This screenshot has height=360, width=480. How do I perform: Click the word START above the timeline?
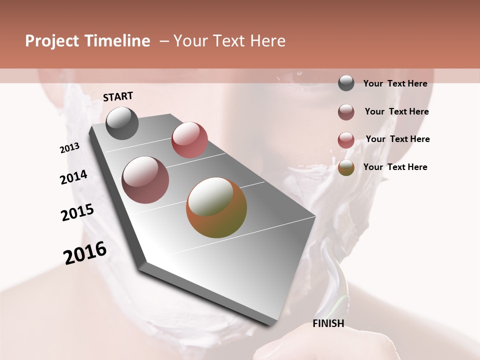tap(118, 96)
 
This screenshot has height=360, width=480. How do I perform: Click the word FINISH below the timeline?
tap(328, 323)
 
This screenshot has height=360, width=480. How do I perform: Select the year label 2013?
tap(69, 148)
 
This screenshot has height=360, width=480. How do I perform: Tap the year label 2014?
tap(73, 177)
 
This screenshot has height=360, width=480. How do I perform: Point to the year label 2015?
tap(77, 212)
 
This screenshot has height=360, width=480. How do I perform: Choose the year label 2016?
tap(85, 252)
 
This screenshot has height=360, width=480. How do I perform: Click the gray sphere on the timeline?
tap(122, 123)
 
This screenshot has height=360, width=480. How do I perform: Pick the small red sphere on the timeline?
tap(189, 140)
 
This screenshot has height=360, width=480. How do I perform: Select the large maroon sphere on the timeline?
tap(145, 180)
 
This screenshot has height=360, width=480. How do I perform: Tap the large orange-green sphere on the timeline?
tap(216, 207)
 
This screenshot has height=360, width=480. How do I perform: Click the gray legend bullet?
tap(346, 83)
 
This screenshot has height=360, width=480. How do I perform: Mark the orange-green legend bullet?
tap(346, 167)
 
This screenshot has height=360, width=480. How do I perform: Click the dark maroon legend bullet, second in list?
tap(346, 112)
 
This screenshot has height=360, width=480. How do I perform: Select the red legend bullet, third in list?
tap(346, 140)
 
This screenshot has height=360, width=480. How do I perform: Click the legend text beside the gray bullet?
tap(395, 83)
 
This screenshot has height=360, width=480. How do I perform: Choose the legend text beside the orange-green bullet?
tap(395, 167)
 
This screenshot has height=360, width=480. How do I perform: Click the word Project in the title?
tap(52, 41)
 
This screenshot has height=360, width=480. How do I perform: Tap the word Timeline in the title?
tap(117, 41)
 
